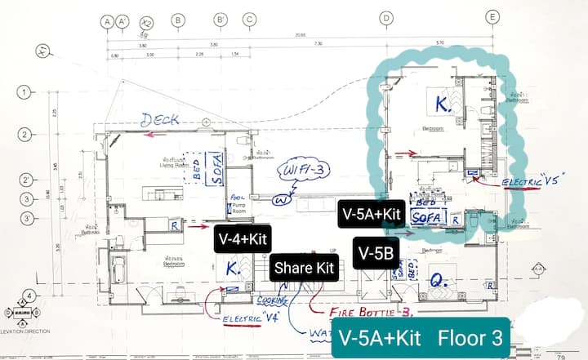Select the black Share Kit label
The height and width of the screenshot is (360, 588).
tap(304, 267)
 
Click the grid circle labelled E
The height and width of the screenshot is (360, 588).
tap(492, 16)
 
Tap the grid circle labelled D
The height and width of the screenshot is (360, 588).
tap(388, 17)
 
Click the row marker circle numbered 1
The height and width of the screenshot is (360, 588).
tap(25, 92)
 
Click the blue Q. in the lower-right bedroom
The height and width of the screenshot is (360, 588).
tap(438, 282)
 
